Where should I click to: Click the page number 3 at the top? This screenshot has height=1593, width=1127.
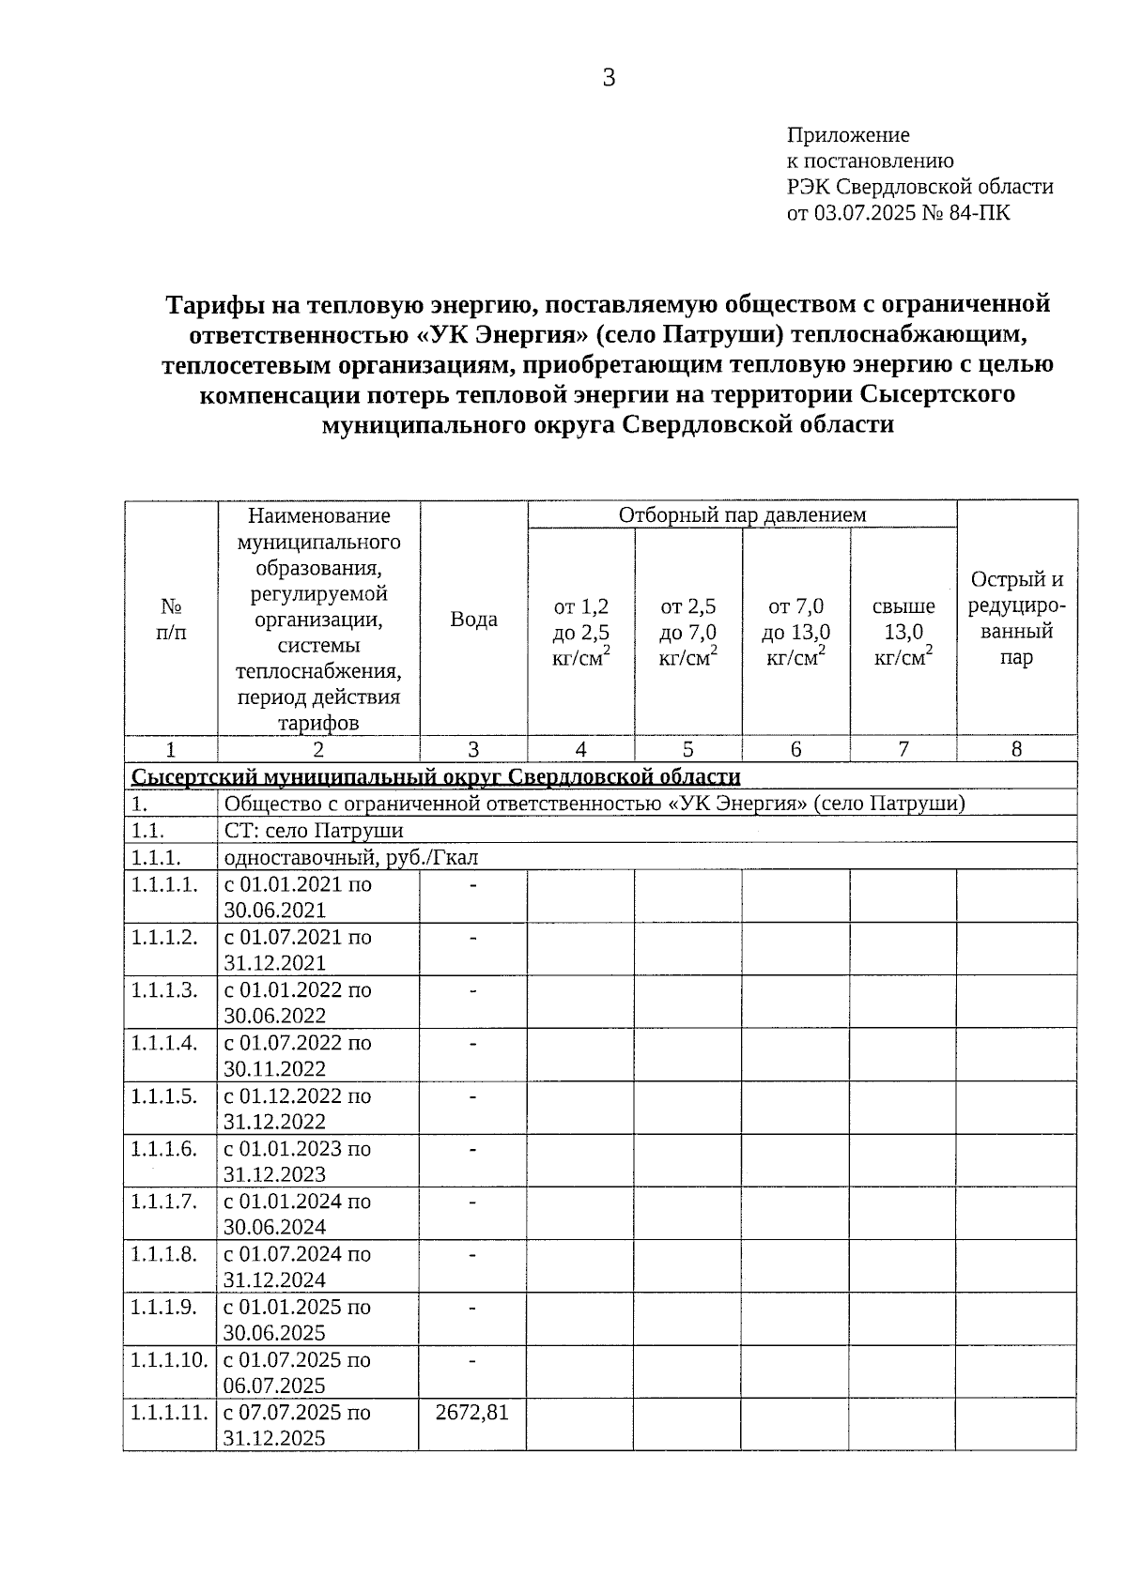tap(609, 78)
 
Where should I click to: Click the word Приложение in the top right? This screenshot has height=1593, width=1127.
tap(847, 135)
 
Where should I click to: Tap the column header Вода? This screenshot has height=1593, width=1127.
tap(473, 620)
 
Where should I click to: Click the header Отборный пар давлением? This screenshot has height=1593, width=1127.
tap(742, 514)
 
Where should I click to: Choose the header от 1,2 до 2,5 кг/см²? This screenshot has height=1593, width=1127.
tap(580, 632)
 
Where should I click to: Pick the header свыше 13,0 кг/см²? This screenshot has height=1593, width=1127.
tap(903, 632)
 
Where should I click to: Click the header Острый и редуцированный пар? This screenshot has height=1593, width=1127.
tap(1016, 619)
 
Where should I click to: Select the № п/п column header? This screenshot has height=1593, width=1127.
tap(171, 620)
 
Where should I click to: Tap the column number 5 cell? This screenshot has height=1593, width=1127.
tap(688, 749)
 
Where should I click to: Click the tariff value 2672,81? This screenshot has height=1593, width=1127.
tap(472, 1413)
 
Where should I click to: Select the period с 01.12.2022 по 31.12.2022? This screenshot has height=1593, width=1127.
tap(297, 1109)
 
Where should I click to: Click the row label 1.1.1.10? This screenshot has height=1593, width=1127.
tap(168, 1360)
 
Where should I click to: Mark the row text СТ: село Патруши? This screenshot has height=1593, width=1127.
tap(314, 831)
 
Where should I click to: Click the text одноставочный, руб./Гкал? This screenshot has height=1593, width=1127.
tap(351, 857)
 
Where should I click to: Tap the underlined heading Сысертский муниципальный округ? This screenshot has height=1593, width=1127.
tap(436, 777)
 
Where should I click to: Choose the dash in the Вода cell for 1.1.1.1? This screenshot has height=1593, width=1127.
tap(473, 885)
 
